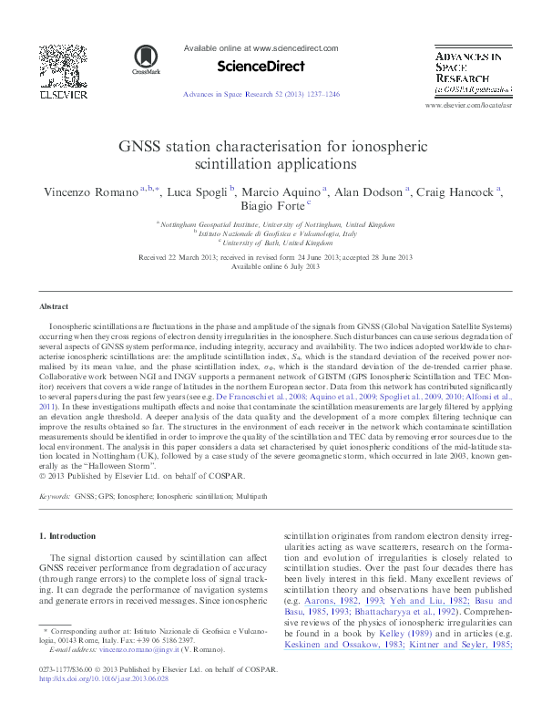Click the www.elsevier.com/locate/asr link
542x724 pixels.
[468, 107]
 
